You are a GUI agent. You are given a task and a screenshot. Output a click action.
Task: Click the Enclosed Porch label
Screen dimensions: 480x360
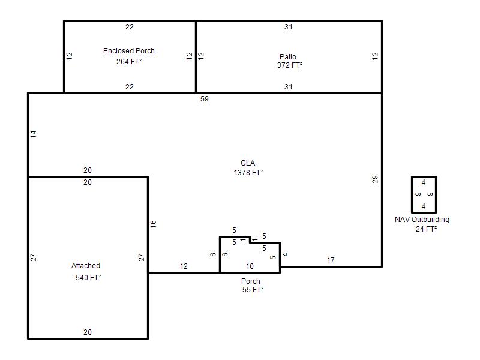click(x=129, y=51)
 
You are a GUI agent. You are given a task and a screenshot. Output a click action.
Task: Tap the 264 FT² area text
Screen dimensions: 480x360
click(x=129, y=62)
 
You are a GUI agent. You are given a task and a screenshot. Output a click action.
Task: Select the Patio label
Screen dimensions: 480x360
click(x=288, y=56)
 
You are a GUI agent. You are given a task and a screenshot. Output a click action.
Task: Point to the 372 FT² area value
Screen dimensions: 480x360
click(x=290, y=65)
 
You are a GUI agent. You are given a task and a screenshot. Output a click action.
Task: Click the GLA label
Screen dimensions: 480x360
click(x=248, y=163)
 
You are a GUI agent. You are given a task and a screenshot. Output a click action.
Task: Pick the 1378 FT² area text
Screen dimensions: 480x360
click(x=248, y=173)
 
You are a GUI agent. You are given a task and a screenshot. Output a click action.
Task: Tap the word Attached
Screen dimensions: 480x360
click(x=86, y=266)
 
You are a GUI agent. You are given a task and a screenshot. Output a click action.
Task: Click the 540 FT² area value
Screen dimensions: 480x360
click(x=88, y=278)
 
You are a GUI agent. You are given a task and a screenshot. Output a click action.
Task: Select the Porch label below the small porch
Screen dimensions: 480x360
click(x=251, y=281)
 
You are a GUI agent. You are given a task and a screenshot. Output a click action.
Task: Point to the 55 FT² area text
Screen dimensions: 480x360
click(x=253, y=290)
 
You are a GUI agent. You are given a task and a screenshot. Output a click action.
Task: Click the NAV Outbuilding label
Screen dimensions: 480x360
click(x=422, y=220)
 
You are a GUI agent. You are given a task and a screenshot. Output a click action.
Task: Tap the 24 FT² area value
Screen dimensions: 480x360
click(x=426, y=229)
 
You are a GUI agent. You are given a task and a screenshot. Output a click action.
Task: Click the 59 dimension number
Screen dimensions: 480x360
click(x=205, y=99)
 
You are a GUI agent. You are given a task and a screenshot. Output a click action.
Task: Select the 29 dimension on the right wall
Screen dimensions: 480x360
click(x=375, y=179)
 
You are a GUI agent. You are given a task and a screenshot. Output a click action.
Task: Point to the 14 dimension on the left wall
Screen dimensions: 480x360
click(x=34, y=134)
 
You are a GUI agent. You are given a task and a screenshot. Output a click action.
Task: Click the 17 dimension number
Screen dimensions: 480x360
click(x=331, y=260)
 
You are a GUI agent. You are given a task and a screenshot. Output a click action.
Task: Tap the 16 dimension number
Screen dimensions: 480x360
click(x=153, y=224)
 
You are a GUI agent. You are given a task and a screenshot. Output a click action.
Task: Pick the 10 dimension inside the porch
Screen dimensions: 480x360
click(x=250, y=266)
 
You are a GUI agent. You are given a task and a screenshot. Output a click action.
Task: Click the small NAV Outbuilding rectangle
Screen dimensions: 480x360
click(x=412, y=194)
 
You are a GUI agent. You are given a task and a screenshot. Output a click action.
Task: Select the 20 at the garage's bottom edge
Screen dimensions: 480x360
click(x=88, y=332)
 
